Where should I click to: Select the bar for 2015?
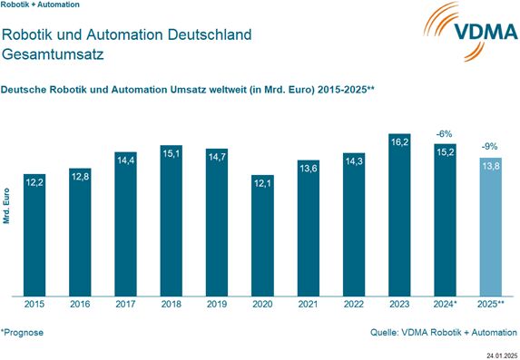pos(34,236)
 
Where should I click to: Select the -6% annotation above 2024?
pos(444,133)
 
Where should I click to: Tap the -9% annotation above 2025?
pos(489,146)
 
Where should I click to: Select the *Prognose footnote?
pos(23,333)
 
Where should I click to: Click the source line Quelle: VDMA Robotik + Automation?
pos(444,333)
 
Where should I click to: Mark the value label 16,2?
pos(398,142)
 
